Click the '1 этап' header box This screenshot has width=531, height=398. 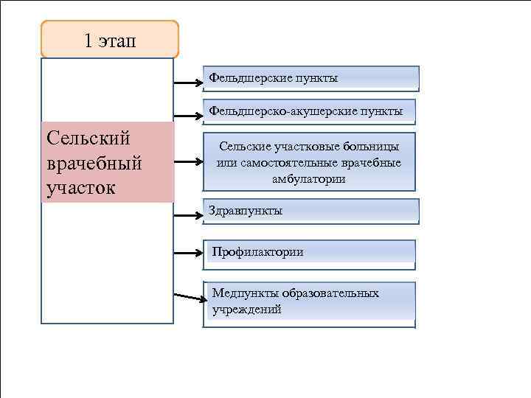(x=110, y=40)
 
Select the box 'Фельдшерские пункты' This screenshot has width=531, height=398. (x=310, y=78)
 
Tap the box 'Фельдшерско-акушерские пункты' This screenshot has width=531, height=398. (x=309, y=111)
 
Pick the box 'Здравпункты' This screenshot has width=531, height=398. (x=310, y=211)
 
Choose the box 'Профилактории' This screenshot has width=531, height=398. (x=310, y=252)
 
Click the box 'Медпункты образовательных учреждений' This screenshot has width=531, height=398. (x=310, y=303)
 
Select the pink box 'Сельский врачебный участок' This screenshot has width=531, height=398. (x=108, y=163)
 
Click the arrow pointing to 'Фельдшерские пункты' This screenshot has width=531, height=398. (x=188, y=83)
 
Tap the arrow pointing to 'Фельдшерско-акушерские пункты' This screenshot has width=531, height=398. (x=188, y=116)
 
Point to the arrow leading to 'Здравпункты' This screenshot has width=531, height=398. (x=188, y=216)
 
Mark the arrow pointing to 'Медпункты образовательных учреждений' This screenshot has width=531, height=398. (x=189, y=297)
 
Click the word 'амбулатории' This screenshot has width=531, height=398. (x=308, y=179)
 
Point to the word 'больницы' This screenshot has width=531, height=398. (x=376, y=147)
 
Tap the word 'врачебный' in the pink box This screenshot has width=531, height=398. (x=94, y=162)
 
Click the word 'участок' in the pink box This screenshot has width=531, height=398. (x=80, y=187)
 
